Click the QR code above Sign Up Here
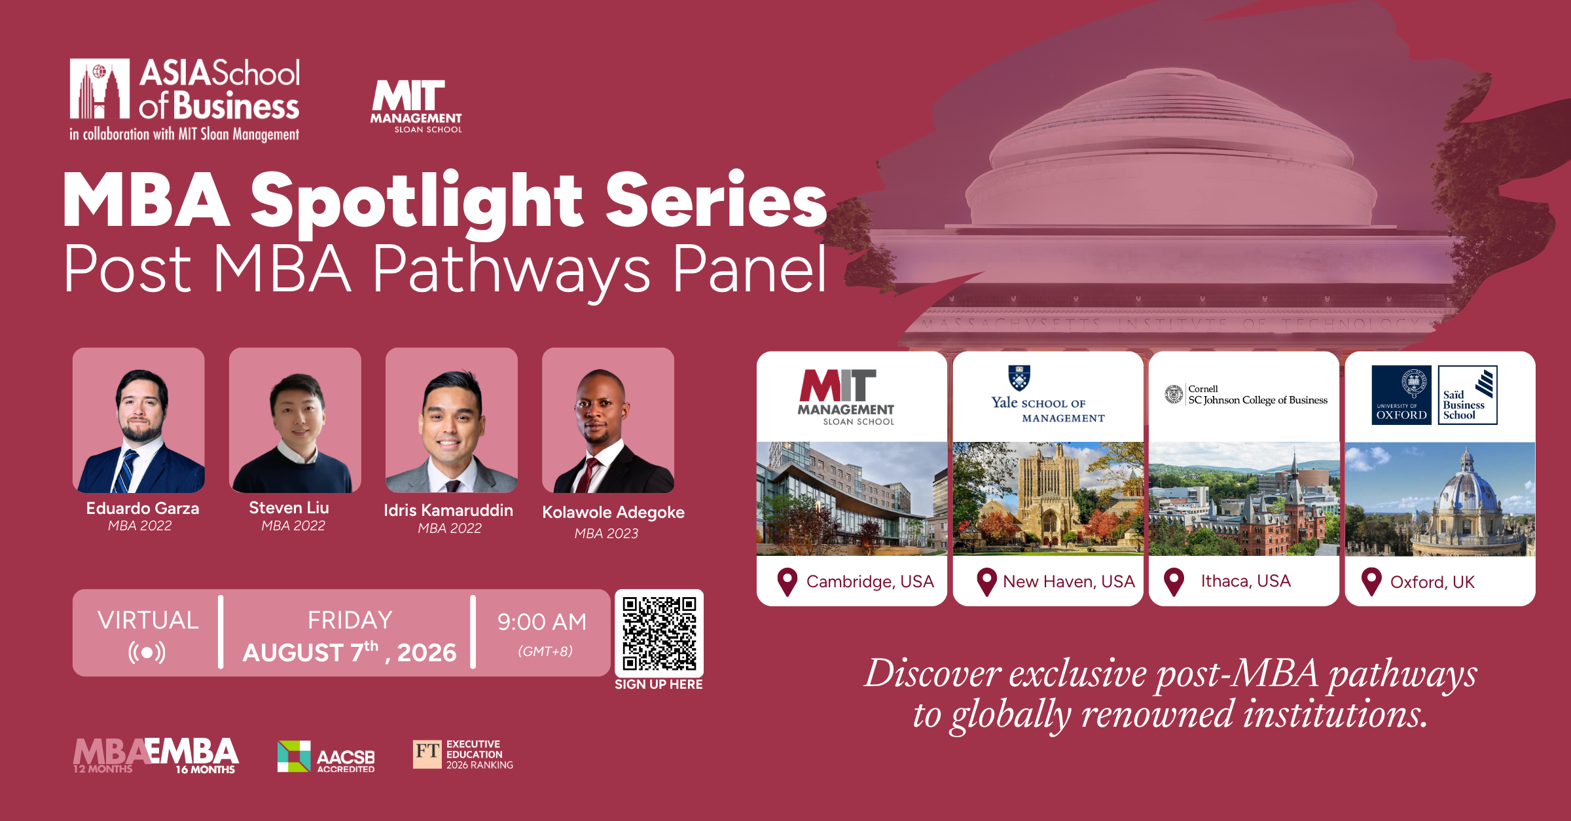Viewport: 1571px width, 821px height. tap(659, 633)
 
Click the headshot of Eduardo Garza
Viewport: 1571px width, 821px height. tap(139, 420)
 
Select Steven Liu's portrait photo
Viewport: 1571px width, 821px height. tap(295, 420)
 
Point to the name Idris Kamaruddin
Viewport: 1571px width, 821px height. tap(448, 510)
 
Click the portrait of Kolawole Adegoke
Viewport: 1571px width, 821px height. tap(608, 420)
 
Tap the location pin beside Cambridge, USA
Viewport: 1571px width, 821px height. tap(787, 582)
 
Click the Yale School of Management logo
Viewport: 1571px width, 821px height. tap(1047, 395)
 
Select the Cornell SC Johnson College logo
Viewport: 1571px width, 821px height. tap(1246, 394)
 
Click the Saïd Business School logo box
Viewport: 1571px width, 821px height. tap(1468, 395)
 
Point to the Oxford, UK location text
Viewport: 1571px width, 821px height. tap(1432, 582)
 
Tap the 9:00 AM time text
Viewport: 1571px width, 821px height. tap(542, 622)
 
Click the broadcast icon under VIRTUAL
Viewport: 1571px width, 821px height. tap(147, 652)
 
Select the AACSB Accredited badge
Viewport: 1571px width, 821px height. tap(326, 757)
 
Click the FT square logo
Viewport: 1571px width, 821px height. tap(427, 754)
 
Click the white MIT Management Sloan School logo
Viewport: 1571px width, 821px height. tap(416, 107)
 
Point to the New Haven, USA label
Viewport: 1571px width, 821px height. tap(1069, 581)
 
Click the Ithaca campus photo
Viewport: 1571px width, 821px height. tap(1244, 499)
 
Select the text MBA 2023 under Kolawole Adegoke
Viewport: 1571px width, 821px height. tap(606, 534)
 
